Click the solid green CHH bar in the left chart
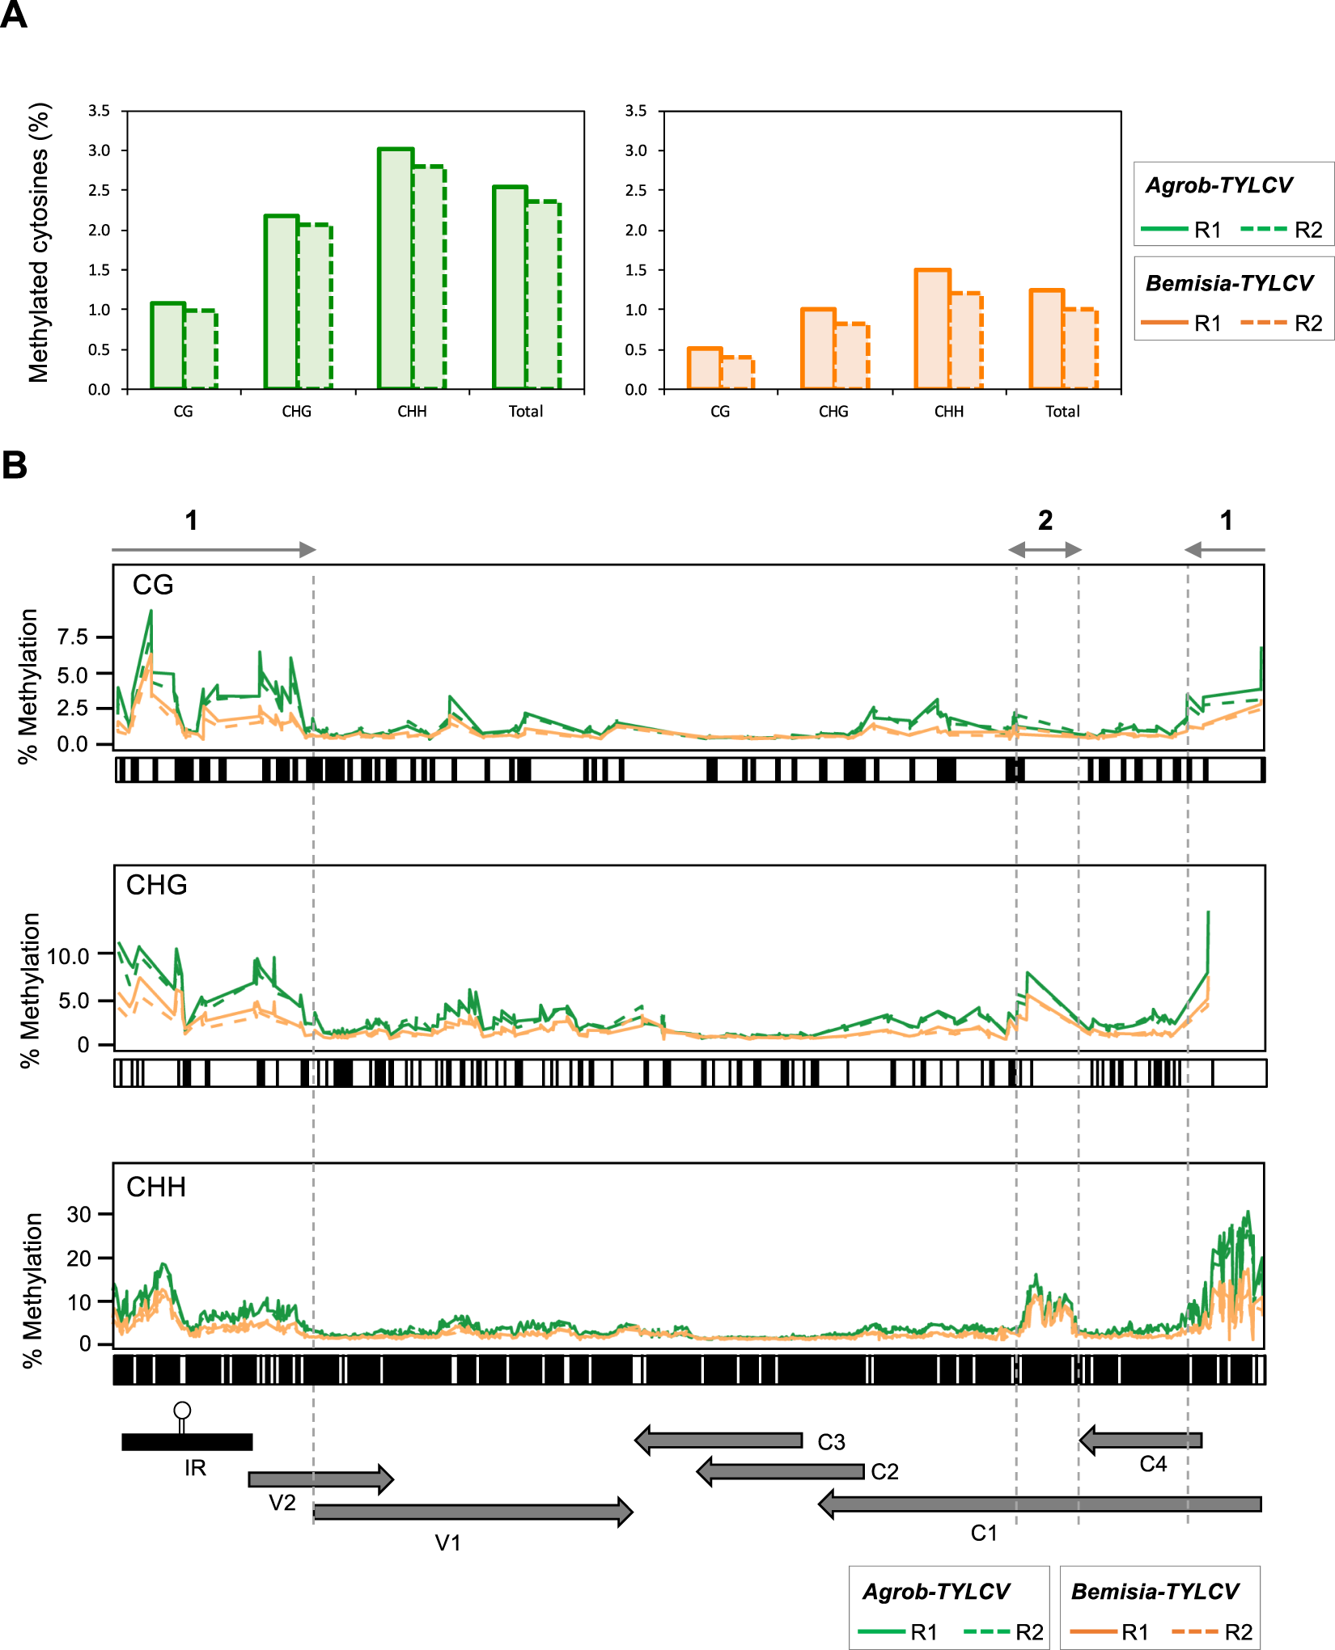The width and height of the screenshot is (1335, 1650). click(x=396, y=269)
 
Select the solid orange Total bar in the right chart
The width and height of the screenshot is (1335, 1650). click(x=1046, y=340)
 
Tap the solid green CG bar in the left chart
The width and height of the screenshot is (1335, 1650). click(x=167, y=346)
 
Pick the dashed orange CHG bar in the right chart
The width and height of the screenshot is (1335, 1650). click(x=852, y=356)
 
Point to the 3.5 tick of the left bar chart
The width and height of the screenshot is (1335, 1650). click(x=100, y=111)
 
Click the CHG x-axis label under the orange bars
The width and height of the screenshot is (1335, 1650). click(x=833, y=412)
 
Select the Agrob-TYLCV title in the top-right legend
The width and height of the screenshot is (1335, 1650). click(x=1218, y=185)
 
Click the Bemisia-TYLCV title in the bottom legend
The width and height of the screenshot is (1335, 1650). click(x=1155, y=1591)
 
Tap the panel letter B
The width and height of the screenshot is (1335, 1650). click(x=15, y=466)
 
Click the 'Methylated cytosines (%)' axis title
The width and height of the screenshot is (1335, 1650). click(x=38, y=243)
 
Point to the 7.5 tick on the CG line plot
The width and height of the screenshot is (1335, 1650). click(x=73, y=637)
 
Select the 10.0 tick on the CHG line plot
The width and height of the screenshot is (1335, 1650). click(x=69, y=956)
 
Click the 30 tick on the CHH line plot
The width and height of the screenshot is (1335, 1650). click(x=78, y=1214)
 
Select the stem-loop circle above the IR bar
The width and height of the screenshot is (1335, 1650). click(x=182, y=1411)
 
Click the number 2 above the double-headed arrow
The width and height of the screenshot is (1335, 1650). click(x=1045, y=520)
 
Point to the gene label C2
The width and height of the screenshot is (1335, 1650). click(x=884, y=1471)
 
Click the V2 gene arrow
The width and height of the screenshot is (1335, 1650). click(x=320, y=1479)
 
